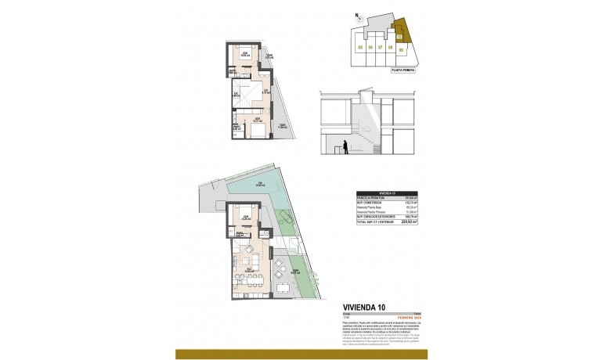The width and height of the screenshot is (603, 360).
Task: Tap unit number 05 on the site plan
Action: point(360,47)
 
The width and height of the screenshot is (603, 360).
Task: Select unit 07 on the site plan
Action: point(380,47)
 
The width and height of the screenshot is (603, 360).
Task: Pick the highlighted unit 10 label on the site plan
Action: point(399,35)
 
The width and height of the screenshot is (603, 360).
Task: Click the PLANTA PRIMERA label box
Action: point(403,70)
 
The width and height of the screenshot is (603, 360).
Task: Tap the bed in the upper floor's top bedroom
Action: point(244,56)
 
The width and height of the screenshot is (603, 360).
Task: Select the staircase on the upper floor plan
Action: point(247,97)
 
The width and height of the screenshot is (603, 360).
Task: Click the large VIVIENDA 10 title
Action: point(365,307)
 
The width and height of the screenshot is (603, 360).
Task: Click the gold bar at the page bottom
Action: point(301,354)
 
